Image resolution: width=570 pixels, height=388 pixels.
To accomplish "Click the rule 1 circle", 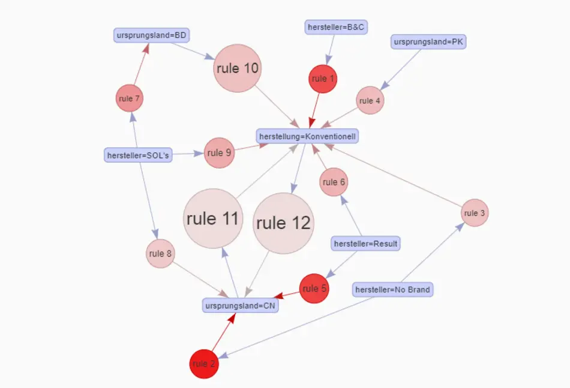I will point(323,79).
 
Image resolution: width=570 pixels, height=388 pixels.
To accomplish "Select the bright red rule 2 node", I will point(204,364).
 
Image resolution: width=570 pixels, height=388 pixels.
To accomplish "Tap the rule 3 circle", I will point(475,213).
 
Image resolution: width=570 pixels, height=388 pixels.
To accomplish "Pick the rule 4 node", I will point(370,101).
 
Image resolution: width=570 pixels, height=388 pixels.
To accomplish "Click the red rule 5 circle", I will point(314,288).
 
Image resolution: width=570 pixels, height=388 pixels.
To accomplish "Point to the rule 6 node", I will point(334,182).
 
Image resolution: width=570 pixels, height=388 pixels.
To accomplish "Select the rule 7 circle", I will point(130,99).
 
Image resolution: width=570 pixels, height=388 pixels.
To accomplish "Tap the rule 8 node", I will point(160,253).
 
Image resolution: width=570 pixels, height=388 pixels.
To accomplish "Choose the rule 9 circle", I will point(219,153).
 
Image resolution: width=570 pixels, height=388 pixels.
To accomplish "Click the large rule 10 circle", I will point(238,68).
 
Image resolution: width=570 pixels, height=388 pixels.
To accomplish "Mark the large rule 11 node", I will point(212,219).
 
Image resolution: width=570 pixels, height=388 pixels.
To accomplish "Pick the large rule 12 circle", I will point(283,223).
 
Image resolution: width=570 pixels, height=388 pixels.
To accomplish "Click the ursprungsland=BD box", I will point(152,35).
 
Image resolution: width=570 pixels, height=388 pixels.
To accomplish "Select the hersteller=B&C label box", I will point(335,27).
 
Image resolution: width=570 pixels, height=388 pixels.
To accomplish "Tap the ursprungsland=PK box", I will point(428,42).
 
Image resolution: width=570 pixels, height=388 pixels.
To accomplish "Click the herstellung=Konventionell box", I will point(308,136).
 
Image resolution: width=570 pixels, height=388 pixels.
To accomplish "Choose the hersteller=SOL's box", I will point(139,156).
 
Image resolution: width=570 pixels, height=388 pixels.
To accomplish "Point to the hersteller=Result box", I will point(365,243).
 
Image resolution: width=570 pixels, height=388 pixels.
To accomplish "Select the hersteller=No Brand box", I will point(392,289).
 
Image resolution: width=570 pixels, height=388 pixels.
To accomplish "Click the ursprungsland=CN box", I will point(241,305).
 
